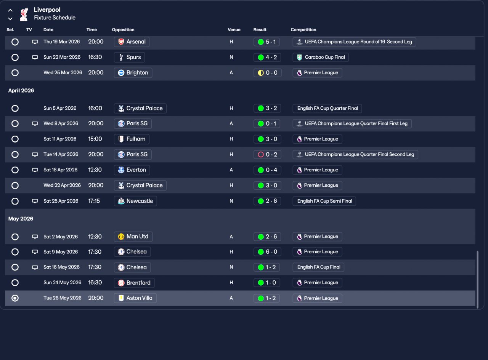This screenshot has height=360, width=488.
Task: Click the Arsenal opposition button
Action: click(132, 42)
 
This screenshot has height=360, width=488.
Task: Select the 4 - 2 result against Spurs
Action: click(266, 57)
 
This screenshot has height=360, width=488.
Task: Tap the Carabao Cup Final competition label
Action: click(321, 57)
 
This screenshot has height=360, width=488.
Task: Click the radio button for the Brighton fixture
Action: click(15, 73)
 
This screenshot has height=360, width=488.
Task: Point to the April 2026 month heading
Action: click(21, 91)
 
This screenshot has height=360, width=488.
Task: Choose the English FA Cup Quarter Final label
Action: click(327, 108)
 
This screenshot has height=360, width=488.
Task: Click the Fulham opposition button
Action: click(132, 139)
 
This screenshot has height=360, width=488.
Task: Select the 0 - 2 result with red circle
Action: click(266, 154)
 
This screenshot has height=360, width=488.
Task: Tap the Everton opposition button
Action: click(132, 170)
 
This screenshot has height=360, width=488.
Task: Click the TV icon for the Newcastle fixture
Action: click(35, 201)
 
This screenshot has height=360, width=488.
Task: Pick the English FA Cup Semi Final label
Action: click(324, 201)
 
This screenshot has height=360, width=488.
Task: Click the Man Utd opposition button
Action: click(133, 237)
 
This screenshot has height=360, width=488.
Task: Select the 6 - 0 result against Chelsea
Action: click(266, 252)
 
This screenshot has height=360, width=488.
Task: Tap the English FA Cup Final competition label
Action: click(318, 267)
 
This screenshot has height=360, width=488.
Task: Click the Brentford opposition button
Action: click(134, 283)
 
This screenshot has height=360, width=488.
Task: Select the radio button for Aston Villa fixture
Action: click(15, 298)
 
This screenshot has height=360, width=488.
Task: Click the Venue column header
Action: click(234, 30)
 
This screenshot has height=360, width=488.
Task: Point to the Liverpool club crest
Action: click(24, 14)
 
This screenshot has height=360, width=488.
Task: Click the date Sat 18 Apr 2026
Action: click(60, 170)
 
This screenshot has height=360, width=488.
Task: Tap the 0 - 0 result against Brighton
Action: click(267, 73)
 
